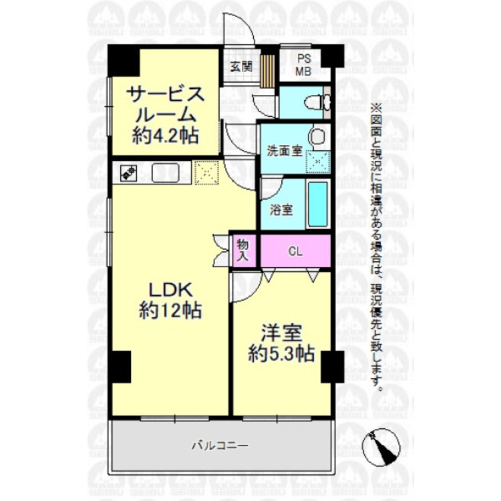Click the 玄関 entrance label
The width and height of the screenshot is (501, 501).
point(240,66)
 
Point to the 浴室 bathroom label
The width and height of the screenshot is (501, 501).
point(281,209)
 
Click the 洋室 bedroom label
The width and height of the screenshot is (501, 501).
point(279,333)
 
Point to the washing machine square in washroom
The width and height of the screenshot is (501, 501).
point(317,161)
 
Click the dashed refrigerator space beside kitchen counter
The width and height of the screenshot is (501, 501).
point(206,172)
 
